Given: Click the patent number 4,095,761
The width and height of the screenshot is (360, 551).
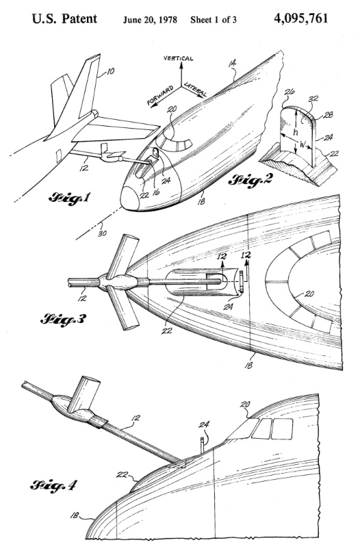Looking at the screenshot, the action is tap(301, 18).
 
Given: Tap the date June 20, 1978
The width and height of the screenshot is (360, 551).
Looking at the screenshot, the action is tap(150, 20).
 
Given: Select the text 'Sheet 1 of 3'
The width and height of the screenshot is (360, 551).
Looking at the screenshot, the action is tap(214, 20).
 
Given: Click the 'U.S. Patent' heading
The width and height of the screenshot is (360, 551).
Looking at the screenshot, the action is tap(64, 18).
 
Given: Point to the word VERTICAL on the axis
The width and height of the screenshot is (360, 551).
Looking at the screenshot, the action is tap(179, 58).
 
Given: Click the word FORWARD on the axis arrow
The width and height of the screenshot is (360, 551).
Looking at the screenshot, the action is tap(160, 95).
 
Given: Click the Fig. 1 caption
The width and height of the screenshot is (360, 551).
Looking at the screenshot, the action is tap(70, 198).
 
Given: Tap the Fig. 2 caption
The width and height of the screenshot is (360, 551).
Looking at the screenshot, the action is tap(250, 181).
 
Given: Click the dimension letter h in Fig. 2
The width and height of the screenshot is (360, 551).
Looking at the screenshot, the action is tap(296, 132).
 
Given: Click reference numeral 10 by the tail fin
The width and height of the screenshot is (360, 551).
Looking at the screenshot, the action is tap(110, 72).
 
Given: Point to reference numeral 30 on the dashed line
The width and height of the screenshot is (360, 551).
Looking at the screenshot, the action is tap(102, 232).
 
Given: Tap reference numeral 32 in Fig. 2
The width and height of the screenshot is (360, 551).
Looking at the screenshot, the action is tap(313, 99).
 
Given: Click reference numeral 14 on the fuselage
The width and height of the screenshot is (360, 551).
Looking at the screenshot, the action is tap(232, 63).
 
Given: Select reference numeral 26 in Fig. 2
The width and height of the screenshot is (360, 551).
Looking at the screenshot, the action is tap(290, 92).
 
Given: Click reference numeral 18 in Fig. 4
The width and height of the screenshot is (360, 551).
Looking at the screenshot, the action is tap(75, 515).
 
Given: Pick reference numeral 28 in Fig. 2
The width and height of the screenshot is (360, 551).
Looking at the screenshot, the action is tap(329, 114).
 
